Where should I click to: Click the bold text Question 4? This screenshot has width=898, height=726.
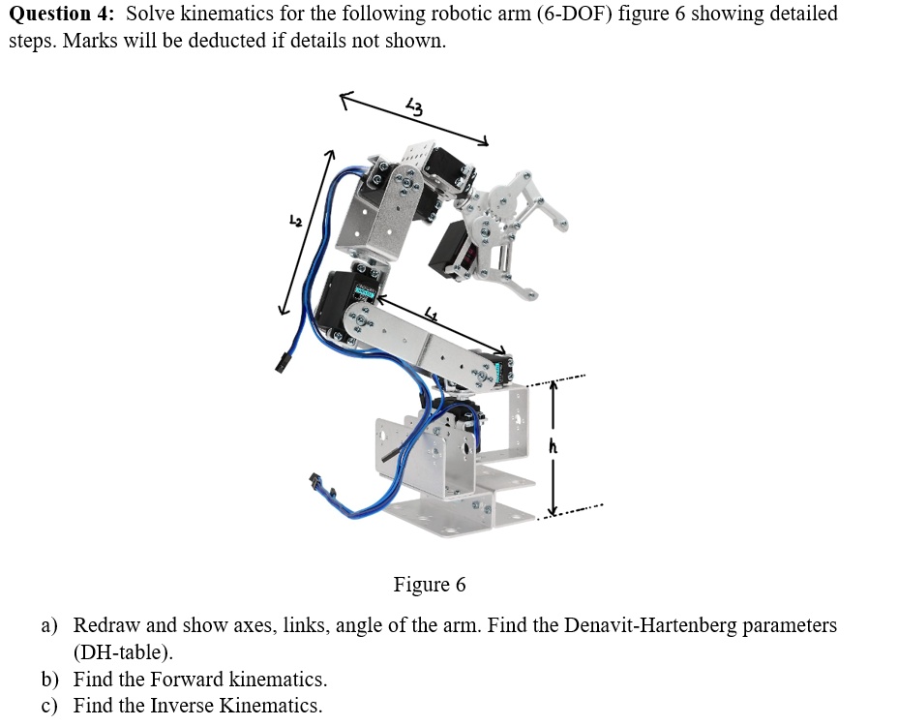(x=63, y=15)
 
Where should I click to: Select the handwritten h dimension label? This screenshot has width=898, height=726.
(x=554, y=446)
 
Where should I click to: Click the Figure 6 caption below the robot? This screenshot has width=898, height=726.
(x=429, y=585)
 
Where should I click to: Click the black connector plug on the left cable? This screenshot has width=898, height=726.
(x=282, y=364)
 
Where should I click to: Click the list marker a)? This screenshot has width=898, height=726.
(x=50, y=625)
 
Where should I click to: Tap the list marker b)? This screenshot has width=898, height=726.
(x=50, y=679)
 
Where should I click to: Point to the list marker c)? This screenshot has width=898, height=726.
(x=50, y=706)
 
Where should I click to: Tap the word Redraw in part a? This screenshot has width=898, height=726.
(x=106, y=625)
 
